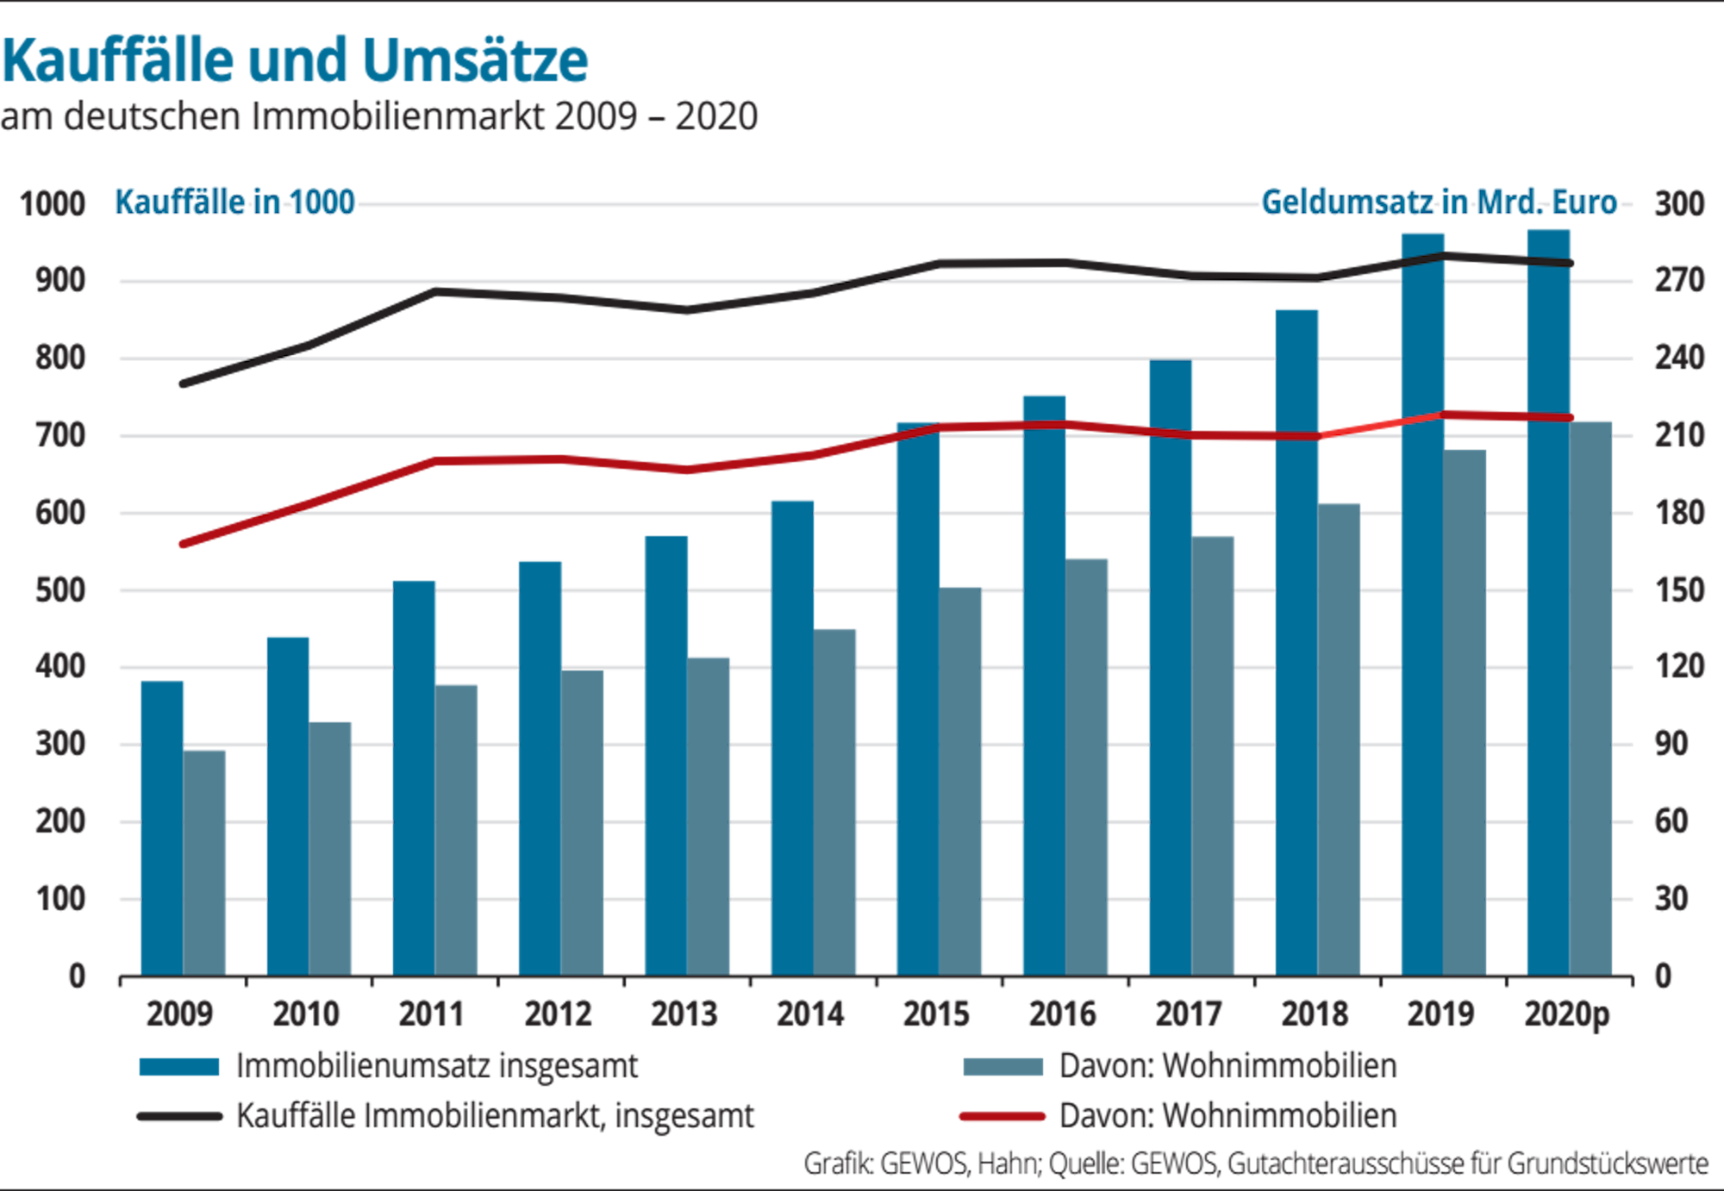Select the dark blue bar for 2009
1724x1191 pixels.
[x=161, y=827]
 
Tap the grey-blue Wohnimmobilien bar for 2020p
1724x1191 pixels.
[x=1590, y=698]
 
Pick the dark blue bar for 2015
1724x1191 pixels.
[x=917, y=698]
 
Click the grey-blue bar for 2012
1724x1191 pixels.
[x=583, y=823]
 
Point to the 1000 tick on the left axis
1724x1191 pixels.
[x=53, y=204]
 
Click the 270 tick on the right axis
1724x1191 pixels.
[x=1678, y=281]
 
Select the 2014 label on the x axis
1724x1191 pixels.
[x=810, y=1014]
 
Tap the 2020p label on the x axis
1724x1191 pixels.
[x=1566, y=1014]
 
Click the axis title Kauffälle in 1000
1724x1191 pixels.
[x=235, y=203]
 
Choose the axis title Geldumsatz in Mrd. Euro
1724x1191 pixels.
[x=1439, y=203]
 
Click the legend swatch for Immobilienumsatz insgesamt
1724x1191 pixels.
[x=179, y=1067]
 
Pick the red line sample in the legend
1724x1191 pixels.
[x=1003, y=1117]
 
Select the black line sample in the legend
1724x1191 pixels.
[x=179, y=1117]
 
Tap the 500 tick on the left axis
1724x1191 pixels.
[x=60, y=590]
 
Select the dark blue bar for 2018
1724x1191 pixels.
[x=1296, y=642]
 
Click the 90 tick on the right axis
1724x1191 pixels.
[x=1671, y=745]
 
